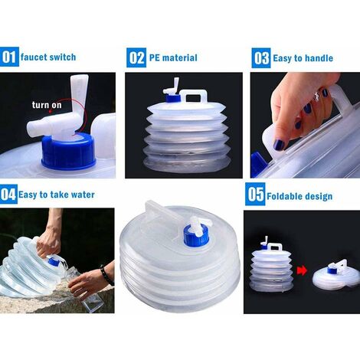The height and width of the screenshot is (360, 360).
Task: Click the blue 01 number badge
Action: click(10, 57)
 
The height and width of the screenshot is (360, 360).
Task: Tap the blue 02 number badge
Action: click(136, 57)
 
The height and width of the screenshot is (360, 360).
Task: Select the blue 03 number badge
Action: click(260, 57)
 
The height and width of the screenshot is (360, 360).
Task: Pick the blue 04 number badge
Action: click(10, 195)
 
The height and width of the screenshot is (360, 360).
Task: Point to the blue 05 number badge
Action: click(254, 195)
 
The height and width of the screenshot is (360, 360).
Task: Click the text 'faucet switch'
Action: click(48, 57)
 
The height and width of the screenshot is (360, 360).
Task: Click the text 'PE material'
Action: click(173, 57)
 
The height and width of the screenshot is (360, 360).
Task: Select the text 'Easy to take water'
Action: click(58, 195)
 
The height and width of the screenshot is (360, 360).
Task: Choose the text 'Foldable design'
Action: click(301, 196)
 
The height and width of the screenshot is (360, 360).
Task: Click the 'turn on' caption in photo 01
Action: click(46, 104)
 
